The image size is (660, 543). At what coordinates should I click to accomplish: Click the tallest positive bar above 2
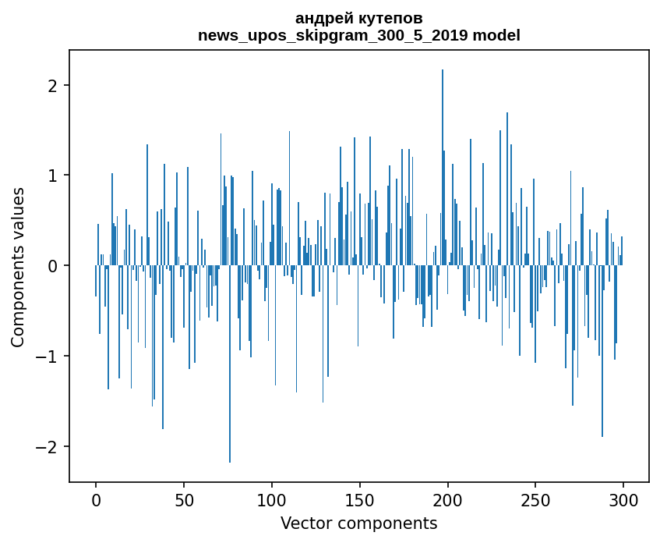coord(443,168)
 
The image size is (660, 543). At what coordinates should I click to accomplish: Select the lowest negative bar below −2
coord(230,364)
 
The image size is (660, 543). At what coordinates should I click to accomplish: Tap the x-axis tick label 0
coord(96,501)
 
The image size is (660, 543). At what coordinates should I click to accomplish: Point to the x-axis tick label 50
coord(184,501)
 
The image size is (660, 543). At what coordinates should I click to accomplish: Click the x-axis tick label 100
coord(271,501)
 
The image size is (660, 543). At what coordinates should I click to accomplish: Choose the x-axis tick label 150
coord(359,501)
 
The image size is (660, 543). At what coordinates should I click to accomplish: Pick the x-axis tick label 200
coord(447,501)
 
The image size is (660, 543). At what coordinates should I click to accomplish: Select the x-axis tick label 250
coord(535,501)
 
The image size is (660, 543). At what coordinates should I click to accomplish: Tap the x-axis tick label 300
coord(623,501)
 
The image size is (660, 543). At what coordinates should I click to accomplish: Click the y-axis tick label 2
coord(53,86)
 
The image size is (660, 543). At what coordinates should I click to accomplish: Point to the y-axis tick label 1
coord(53,176)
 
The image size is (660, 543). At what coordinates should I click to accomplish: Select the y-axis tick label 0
coord(53,266)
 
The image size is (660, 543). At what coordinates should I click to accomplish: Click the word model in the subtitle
coord(496,35)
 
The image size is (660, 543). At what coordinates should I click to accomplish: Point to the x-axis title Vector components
coord(359,523)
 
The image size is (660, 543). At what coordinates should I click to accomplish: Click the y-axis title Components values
coord(18,268)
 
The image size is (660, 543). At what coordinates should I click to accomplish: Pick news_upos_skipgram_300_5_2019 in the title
coord(333,36)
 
